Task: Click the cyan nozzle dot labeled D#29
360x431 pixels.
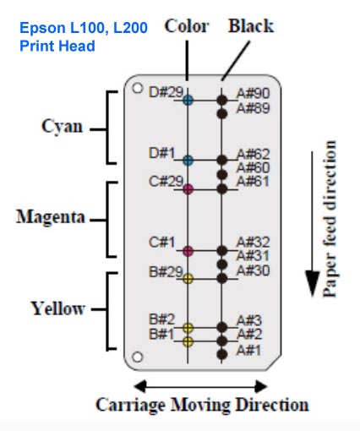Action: (188, 100)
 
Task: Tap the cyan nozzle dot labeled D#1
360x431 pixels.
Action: (188, 160)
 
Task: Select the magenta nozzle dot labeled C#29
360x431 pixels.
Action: (188, 189)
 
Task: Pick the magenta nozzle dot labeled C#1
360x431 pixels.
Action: (188, 250)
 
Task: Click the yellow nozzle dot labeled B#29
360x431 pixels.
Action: (188, 279)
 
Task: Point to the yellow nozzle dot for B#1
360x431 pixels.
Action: (188, 341)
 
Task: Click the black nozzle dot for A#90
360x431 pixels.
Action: (222, 100)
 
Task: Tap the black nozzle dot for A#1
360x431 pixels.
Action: (222, 354)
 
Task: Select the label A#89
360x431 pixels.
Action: (253, 108)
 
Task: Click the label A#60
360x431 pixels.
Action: (253, 167)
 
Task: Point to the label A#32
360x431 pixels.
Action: (253, 242)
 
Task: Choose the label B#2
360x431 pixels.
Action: (162, 319)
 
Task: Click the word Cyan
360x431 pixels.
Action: (63, 127)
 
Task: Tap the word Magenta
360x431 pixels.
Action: (51, 217)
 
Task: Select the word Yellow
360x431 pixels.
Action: (57, 308)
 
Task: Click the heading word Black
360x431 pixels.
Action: (251, 26)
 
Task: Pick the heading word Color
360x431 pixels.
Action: (187, 26)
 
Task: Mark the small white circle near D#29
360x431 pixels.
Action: (137, 88)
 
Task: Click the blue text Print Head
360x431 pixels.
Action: (57, 46)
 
